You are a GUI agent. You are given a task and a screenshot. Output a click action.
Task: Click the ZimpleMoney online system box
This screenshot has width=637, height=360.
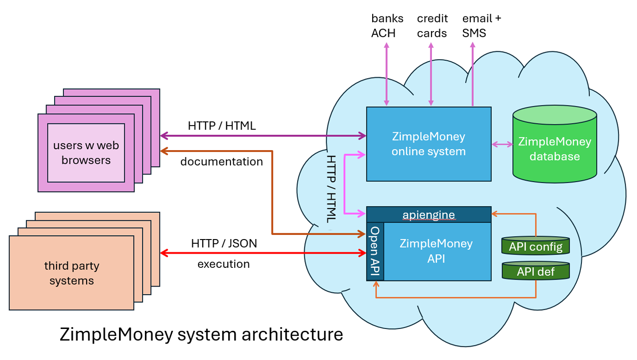(x=428, y=144)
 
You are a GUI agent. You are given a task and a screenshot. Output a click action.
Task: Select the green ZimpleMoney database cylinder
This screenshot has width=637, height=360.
(x=555, y=146)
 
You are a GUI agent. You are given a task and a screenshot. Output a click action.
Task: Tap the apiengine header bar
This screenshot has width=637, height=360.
(x=429, y=215)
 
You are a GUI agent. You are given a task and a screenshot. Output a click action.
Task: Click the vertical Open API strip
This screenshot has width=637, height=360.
(x=375, y=252)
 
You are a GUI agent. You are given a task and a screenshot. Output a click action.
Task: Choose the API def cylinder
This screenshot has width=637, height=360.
(x=536, y=271)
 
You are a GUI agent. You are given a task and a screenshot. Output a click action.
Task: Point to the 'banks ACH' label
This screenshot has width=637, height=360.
(x=387, y=25)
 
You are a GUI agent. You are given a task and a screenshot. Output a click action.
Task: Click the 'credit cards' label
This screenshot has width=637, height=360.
(x=432, y=25)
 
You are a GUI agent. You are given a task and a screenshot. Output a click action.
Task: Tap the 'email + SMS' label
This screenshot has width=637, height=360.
(x=481, y=25)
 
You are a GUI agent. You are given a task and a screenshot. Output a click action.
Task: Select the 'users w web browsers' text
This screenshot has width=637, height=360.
(x=86, y=152)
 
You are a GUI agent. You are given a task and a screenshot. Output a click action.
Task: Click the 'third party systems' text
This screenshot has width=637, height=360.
(x=72, y=273)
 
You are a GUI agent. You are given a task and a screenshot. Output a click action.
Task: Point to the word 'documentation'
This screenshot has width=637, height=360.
(x=222, y=161)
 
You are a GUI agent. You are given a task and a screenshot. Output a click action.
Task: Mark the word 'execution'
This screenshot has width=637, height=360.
(x=223, y=264)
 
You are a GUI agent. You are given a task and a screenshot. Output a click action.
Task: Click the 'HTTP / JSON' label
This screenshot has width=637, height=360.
(x=224, y=243)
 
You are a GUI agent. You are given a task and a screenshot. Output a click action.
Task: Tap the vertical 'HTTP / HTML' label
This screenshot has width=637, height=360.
(x=331, y=188)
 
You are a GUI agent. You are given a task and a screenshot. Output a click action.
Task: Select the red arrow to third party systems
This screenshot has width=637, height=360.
(x=263, y=254)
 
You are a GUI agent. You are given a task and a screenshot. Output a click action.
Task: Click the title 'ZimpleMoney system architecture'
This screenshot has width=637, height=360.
(x=201, y=334)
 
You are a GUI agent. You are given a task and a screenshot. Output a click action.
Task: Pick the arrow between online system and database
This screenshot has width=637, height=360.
(x=502, y=144)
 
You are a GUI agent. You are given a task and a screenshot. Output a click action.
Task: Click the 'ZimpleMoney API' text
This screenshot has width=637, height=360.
(x=436, y=251)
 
